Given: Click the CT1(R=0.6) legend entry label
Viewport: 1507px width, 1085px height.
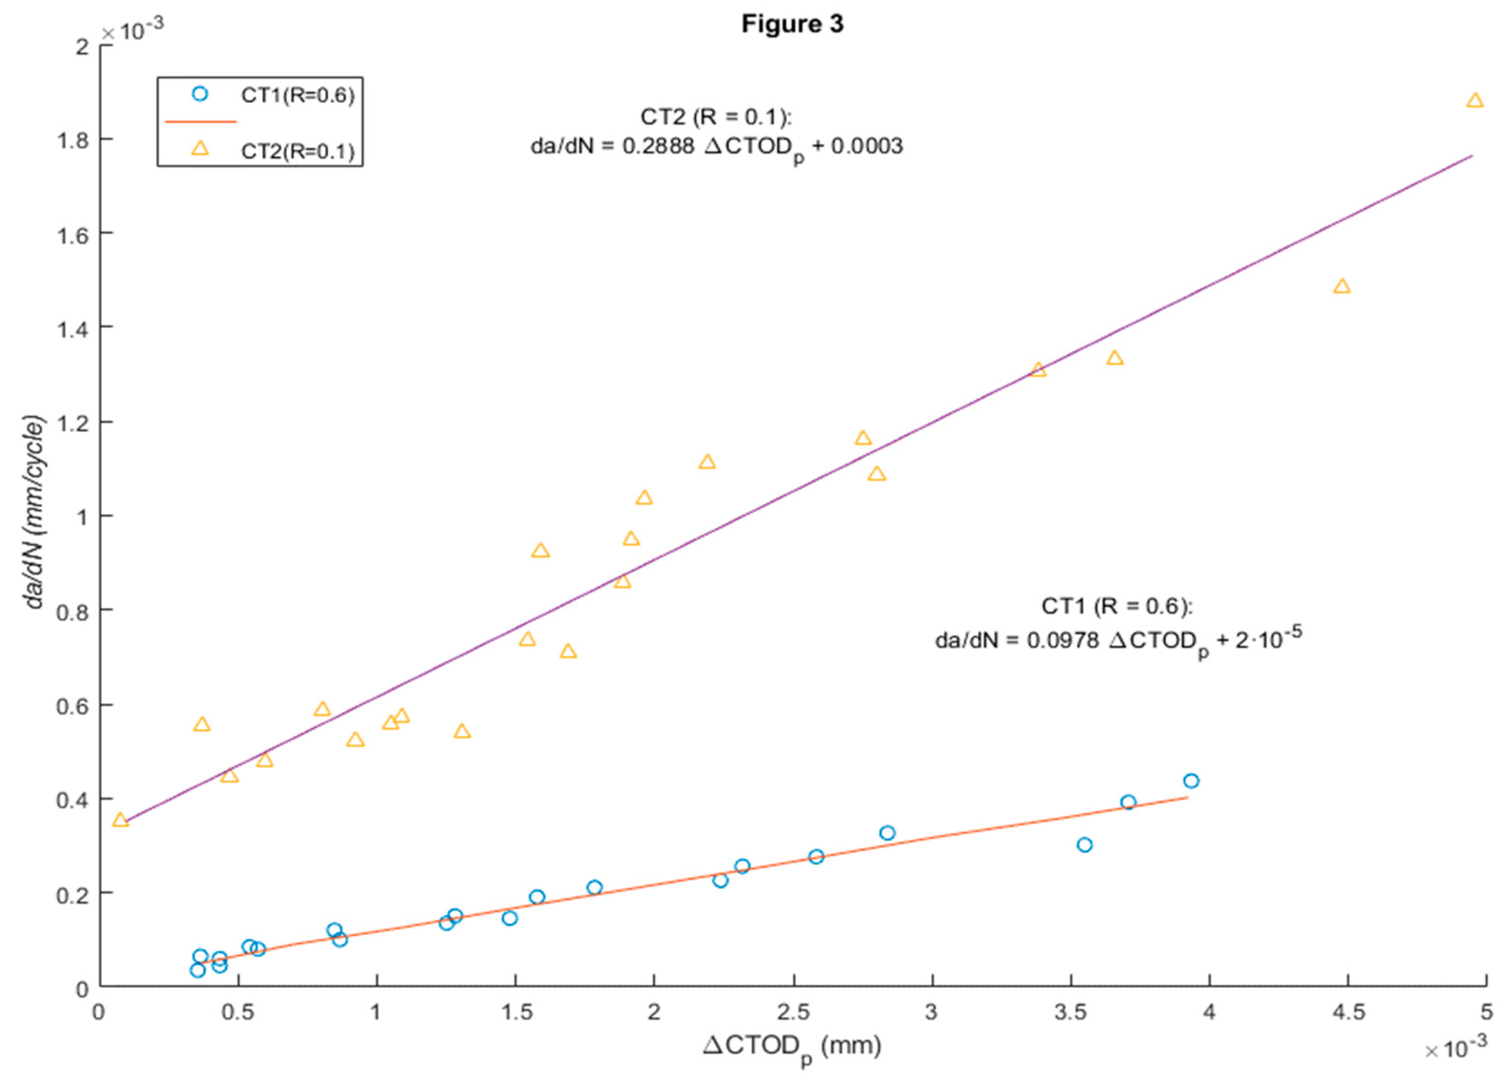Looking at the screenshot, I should (297, 95).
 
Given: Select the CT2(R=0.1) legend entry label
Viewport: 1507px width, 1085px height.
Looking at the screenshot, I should (297, 152).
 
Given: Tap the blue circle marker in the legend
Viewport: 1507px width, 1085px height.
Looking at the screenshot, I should (200, 94).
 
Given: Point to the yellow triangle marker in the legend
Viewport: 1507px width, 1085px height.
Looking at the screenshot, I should (200, 149).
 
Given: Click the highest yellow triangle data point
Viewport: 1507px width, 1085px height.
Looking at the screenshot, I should (1474, 101).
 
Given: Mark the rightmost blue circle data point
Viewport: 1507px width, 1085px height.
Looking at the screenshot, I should (1191, 780).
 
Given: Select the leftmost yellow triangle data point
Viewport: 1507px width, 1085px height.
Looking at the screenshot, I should (120, 820).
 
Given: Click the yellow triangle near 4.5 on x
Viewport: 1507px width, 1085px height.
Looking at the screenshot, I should (1342, 286).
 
